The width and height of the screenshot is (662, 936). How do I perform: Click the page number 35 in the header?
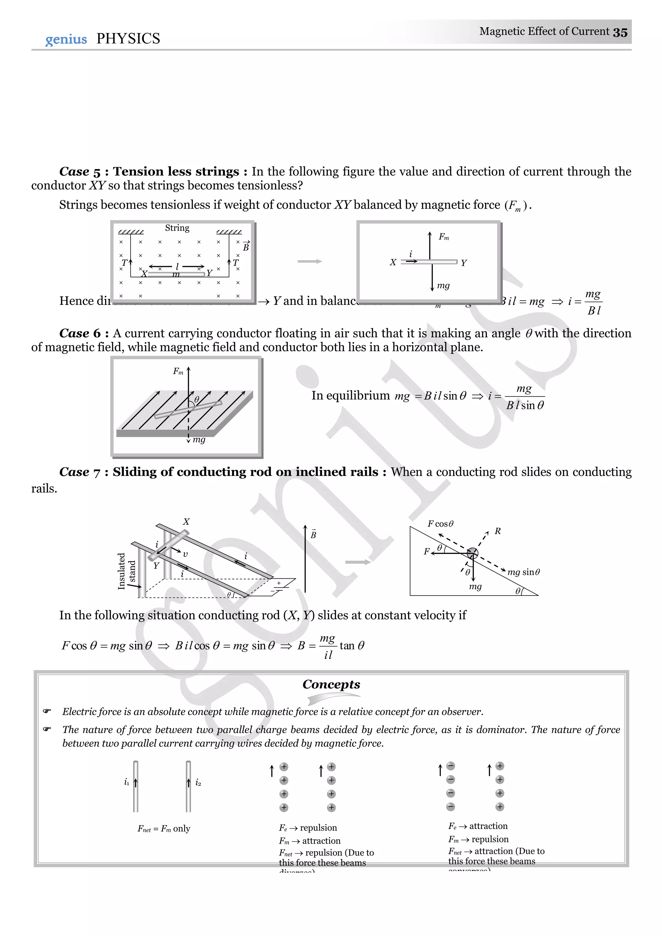click(620, 32)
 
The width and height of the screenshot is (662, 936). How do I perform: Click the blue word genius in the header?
click(66, 39)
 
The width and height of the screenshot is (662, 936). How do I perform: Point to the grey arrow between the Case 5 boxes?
click(309, 261)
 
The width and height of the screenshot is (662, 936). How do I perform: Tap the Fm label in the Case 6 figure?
click(178, 371)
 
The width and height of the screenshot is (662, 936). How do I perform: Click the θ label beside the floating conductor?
click(197, 399)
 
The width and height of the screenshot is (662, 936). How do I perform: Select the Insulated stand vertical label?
click(126, 571)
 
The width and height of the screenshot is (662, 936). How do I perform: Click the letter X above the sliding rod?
click(186, 522)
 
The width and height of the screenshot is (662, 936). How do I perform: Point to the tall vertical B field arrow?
click(305, 558)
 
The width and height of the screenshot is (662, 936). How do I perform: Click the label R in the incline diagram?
click(497, 531)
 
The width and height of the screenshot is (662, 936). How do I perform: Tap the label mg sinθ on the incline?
click(523, 572)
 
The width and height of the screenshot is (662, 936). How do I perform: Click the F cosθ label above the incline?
click(440, 523)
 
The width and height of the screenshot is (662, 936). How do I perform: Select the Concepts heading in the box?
click(331, 684)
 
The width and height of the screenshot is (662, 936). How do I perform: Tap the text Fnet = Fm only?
click(164, 828)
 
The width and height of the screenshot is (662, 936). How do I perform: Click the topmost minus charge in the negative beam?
click(450, 766)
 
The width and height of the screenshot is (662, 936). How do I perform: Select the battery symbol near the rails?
click(279, 586)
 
